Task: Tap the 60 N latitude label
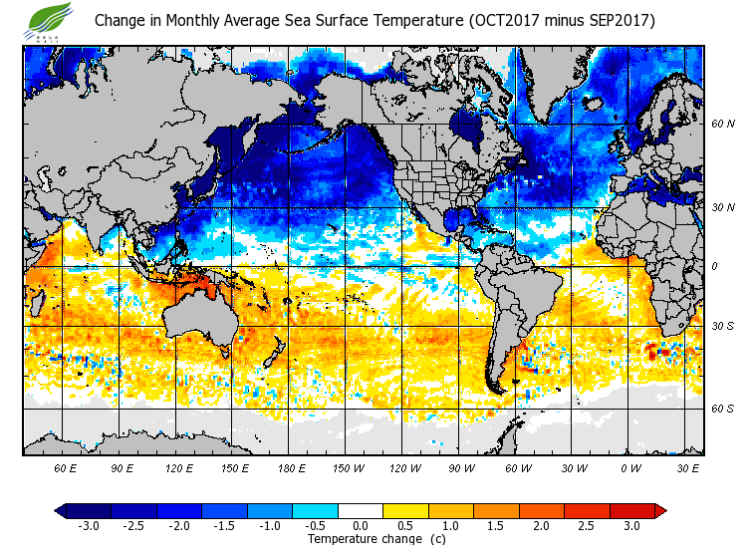tap(722, 125)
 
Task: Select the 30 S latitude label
tap(722, 326)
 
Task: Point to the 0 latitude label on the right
tap(714, 266)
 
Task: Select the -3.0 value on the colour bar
tap(89, 525)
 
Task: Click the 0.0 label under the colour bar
tap(361, 525)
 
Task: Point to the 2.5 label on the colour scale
tap(587, 525)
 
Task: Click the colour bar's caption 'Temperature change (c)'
tap(362, 539)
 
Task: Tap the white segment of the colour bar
tap(361, 510)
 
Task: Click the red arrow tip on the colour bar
tap(660, 510)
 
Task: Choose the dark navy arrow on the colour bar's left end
tap(61, 510)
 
